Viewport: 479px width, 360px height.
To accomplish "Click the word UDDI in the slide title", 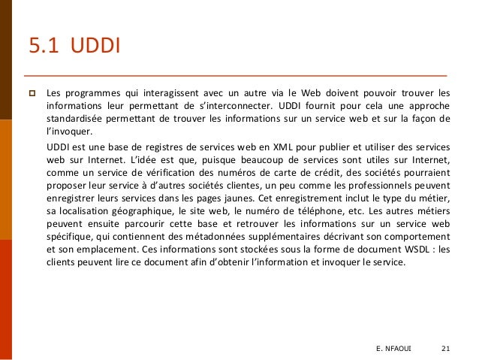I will click(x=95, y=47).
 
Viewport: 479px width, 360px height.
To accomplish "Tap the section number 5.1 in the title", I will click(x=44, y=47).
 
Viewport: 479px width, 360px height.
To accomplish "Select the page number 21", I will click(x=447, y=348).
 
